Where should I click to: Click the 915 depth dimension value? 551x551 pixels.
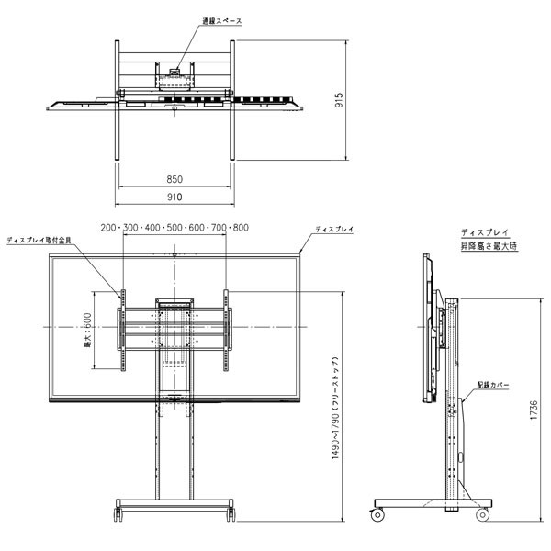pyautogui.click(x=339, y=101)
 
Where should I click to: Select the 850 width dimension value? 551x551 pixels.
pyautogui.click(x=174, y=178)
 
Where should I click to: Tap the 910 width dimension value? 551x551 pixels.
pyautogui.click(x=174, y=197)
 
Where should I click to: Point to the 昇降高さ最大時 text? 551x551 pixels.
pyautogui.click(x=489, y=247)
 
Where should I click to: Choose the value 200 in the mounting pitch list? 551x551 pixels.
pyautogui.click(x=109, y=228)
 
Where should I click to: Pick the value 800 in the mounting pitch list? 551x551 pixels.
pyautogui.click(x=240, y=228)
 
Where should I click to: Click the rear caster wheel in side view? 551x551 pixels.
pyautogui.click(x=483, y=514)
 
